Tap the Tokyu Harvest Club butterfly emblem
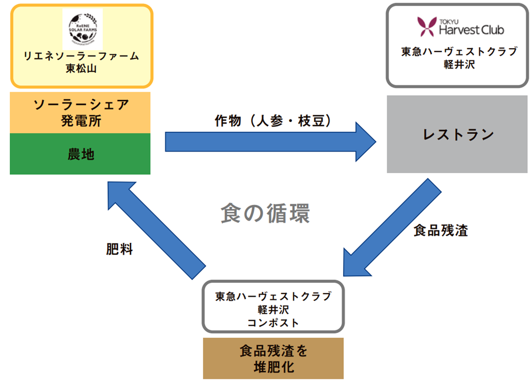427,27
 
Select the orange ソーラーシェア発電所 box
80,113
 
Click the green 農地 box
80,154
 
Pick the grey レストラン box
457,134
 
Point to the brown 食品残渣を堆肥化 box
273,358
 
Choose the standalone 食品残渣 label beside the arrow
440,231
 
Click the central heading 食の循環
265,213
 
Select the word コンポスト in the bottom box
273,323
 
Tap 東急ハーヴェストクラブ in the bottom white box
273,297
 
